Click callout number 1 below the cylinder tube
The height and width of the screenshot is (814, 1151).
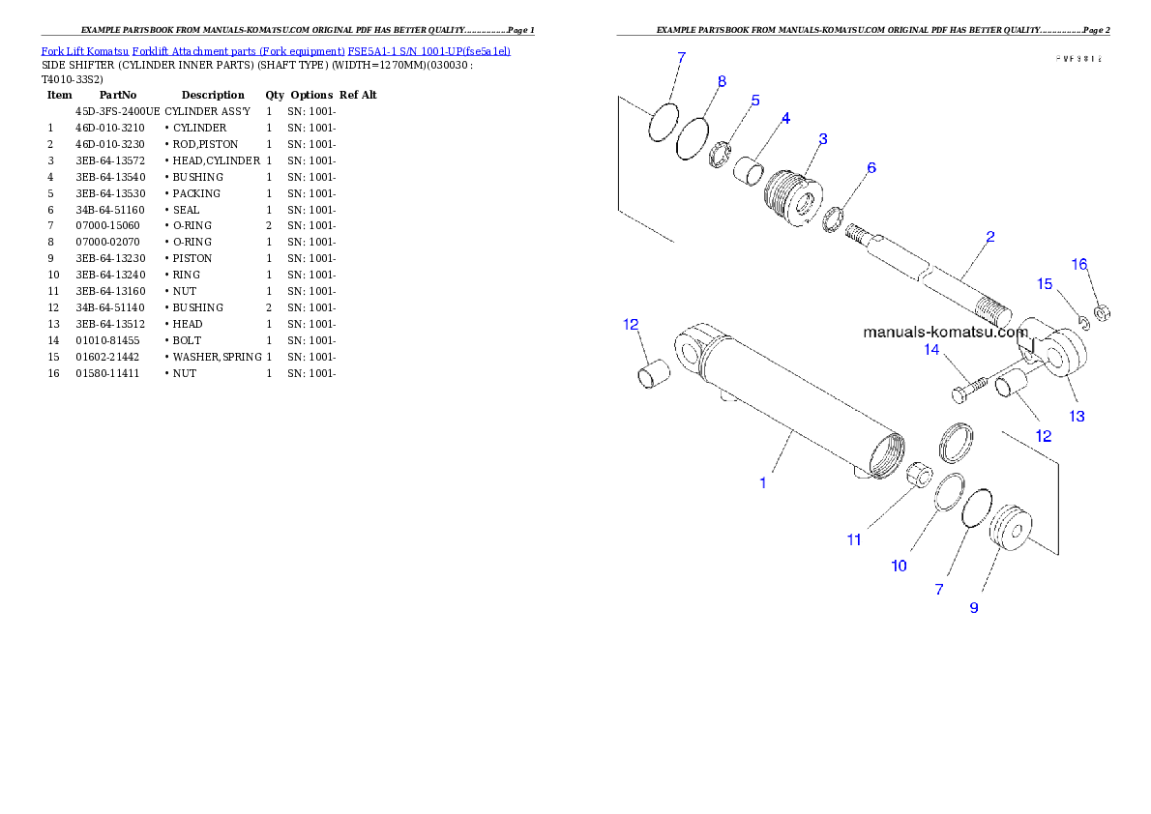click(763, 482)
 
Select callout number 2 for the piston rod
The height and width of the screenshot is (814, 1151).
click(989, 237)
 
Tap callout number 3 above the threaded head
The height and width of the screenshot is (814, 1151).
click(822, 139)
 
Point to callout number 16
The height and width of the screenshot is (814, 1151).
click(1080, 264)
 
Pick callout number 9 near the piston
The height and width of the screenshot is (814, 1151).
click(974, 607)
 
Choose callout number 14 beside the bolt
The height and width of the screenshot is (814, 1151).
click(932, 349)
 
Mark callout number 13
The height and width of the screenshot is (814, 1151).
click(1077, 416)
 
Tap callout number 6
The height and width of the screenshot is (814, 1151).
click(871, 168)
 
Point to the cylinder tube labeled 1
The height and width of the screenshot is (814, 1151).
click(793, 406)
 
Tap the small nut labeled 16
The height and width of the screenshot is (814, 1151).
click(1102, 312)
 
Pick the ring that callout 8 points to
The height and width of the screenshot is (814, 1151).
click(691, 137)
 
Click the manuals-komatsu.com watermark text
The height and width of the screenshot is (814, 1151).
click(945, 332)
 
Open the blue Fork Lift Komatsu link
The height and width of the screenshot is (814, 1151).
click(276, 50)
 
